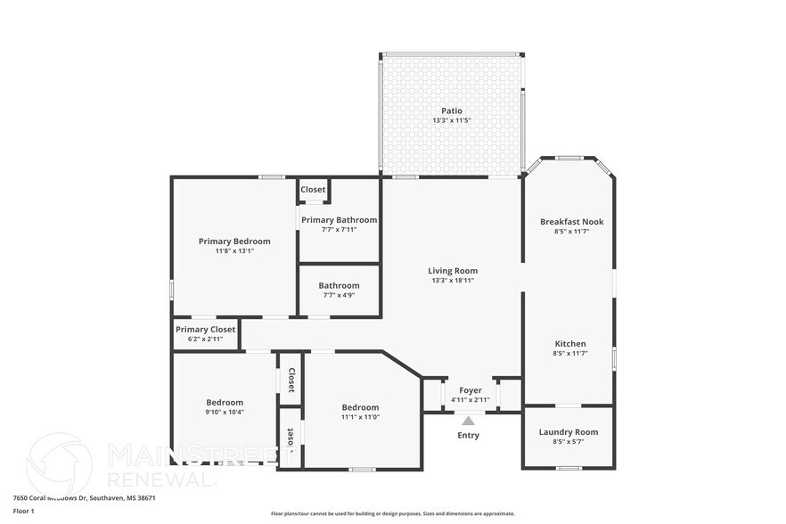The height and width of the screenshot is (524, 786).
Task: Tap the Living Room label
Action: pos(453,271)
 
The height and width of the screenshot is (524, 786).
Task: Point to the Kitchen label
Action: pos(570,344)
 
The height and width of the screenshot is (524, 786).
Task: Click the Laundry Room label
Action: pos(569,432)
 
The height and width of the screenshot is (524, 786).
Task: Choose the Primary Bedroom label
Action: pos(234,242)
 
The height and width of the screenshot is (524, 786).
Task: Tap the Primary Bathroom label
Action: pos(339,220)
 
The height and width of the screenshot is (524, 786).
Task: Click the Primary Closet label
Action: pos(206,330)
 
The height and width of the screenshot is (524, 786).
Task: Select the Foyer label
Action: pos(470,390)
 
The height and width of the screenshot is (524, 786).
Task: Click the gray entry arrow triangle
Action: pos(468,421)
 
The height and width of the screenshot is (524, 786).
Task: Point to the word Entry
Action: pos(468,436)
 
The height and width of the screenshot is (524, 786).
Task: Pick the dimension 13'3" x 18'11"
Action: pos(453,281)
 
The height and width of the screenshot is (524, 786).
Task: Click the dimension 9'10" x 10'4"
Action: pos(225,413)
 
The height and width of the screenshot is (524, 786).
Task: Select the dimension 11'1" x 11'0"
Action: pos(360,417)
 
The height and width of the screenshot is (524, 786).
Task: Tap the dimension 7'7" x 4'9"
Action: pos(339,295)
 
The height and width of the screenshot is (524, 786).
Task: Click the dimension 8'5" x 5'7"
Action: pos(569,442)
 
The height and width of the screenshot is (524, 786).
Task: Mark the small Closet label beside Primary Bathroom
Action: pos(313,190)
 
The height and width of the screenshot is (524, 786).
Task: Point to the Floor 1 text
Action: pos(23,511)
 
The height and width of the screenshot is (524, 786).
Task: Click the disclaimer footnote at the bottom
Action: pos(392,513)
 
